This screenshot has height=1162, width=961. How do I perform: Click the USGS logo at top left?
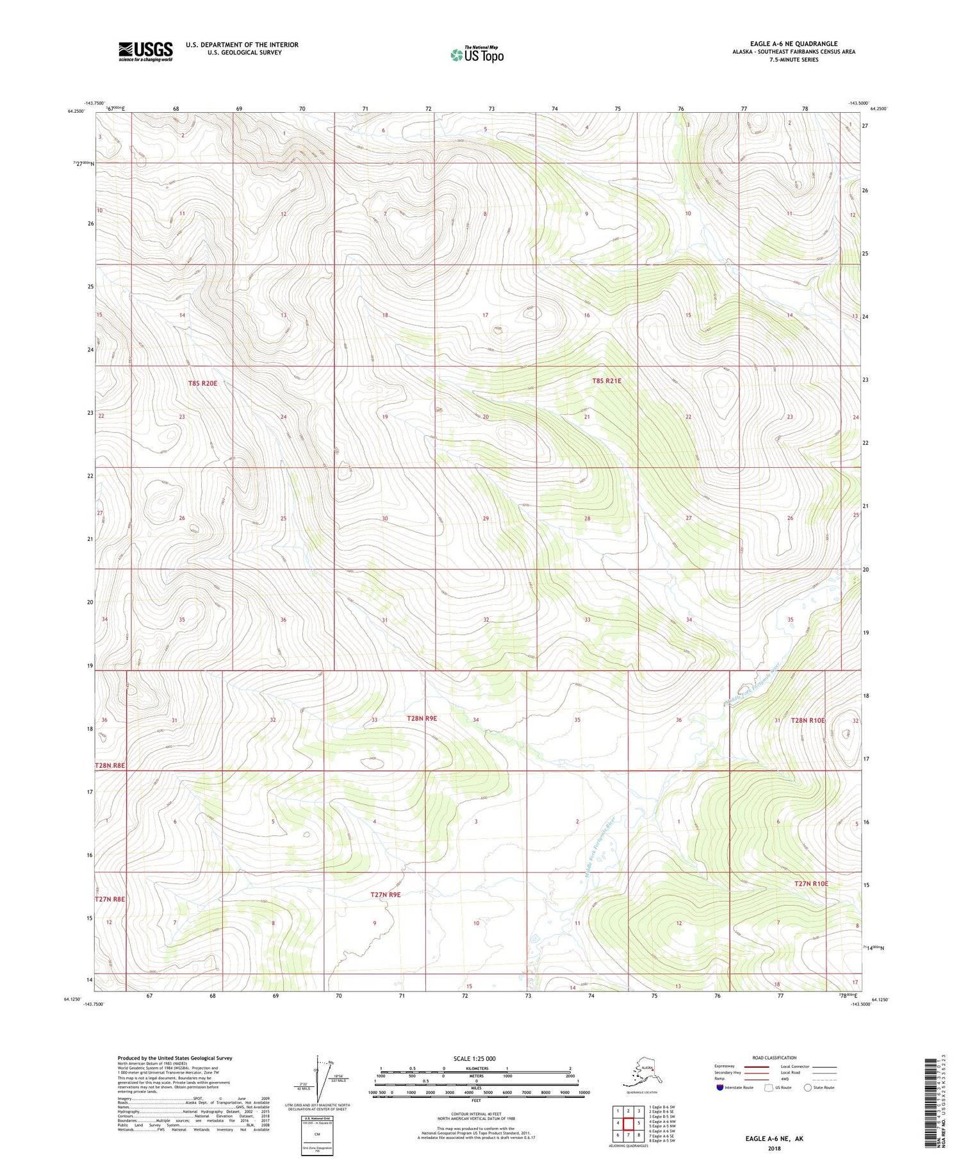coord(145,51)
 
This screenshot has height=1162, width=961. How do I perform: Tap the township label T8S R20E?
coord(202,383)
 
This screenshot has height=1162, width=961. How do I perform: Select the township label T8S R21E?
coord(606,381)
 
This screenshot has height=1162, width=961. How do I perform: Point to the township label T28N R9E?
coord(422,718)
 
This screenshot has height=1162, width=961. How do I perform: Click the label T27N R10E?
coord(811,884)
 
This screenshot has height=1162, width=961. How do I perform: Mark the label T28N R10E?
coord(807,720)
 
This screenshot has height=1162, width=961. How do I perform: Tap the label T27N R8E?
coord(110,899)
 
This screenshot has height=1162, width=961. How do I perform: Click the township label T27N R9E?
coord(386,894)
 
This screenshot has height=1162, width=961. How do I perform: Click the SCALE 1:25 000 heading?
coord(474,1058)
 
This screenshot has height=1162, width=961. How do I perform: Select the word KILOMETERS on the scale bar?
coord(476,1068)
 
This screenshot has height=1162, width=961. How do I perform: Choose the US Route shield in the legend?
coord(769,1088)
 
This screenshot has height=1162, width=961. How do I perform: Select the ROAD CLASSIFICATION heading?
coord(775,1058)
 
